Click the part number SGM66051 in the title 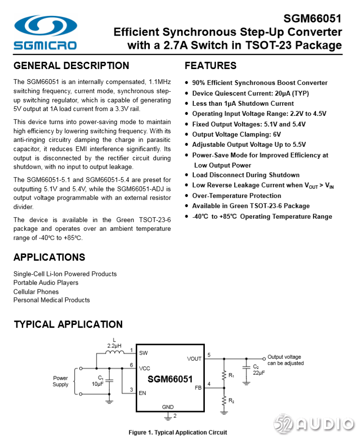tap(312, 19)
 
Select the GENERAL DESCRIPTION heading tap(72, 66)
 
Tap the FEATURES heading tap(211, 66)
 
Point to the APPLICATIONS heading tap(49, 257)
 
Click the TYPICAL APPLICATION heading tap(68, 324)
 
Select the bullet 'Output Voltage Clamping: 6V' tap(236, 134)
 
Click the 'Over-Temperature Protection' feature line tap(236, 196)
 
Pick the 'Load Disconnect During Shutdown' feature tap(245, 175)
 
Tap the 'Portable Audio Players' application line tap(46, 283)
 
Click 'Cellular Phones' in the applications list tap(36, 291)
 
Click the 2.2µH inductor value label tap(114, 346)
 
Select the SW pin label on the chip tap(144, 353)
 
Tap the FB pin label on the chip tap(198, 387)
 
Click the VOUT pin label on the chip tap(194, 358)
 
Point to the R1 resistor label tap(231, 375)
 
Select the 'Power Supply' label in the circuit tap(60, 381)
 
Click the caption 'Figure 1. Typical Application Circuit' tap(178, 432)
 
